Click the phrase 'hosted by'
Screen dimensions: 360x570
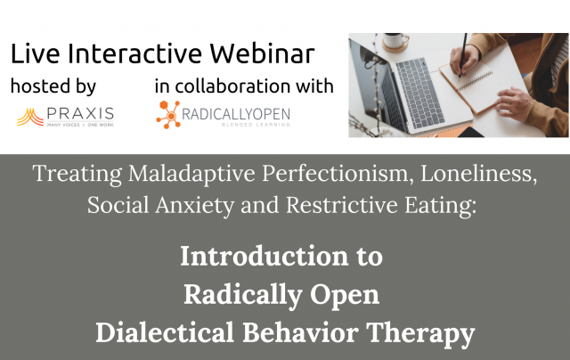point(53,87)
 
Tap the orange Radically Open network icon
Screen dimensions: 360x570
point(168,114)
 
